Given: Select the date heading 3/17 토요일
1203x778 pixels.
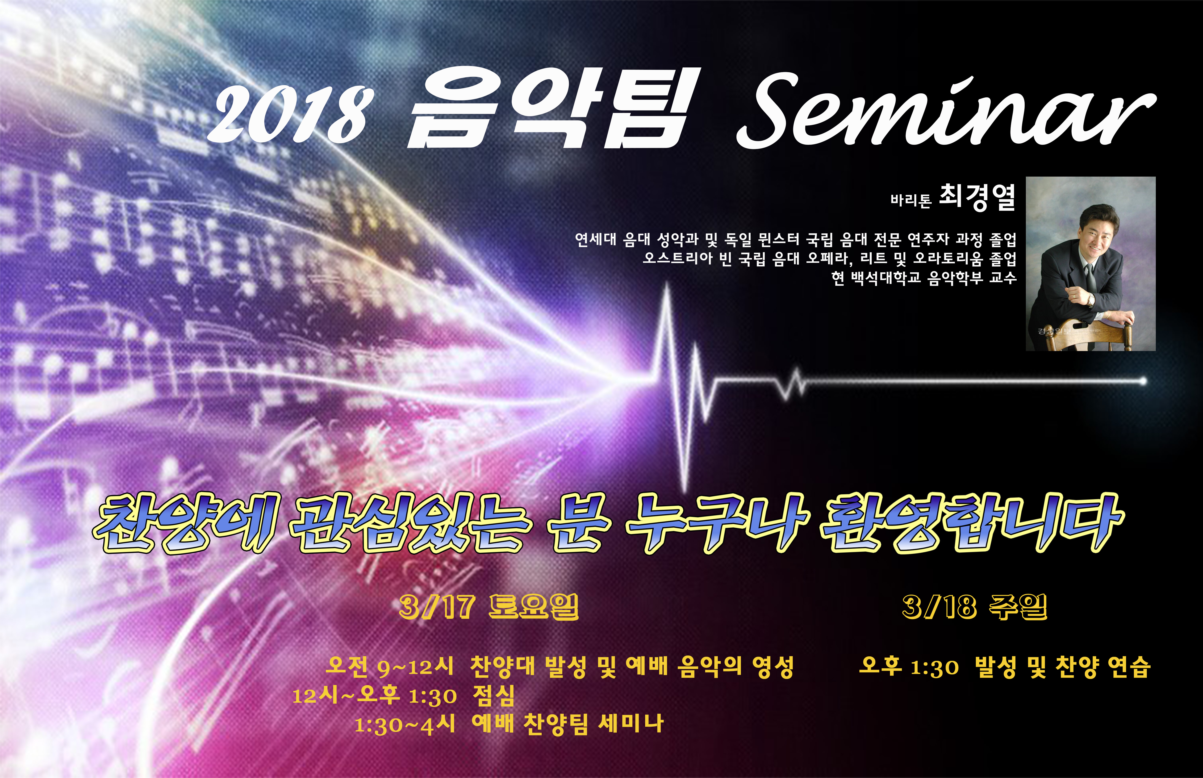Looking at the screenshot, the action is (x=488, y=607).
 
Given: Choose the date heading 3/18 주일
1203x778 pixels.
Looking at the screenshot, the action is (x=974, y=607).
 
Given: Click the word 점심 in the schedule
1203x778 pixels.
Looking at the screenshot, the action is (x=494, y=696).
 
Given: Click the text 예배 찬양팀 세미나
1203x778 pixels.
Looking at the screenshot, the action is (x=568, y=724).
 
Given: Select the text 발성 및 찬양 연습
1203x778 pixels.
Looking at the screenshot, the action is (x=1063, y=667).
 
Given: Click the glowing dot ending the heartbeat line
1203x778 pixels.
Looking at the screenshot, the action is (x=1143, y=381).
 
